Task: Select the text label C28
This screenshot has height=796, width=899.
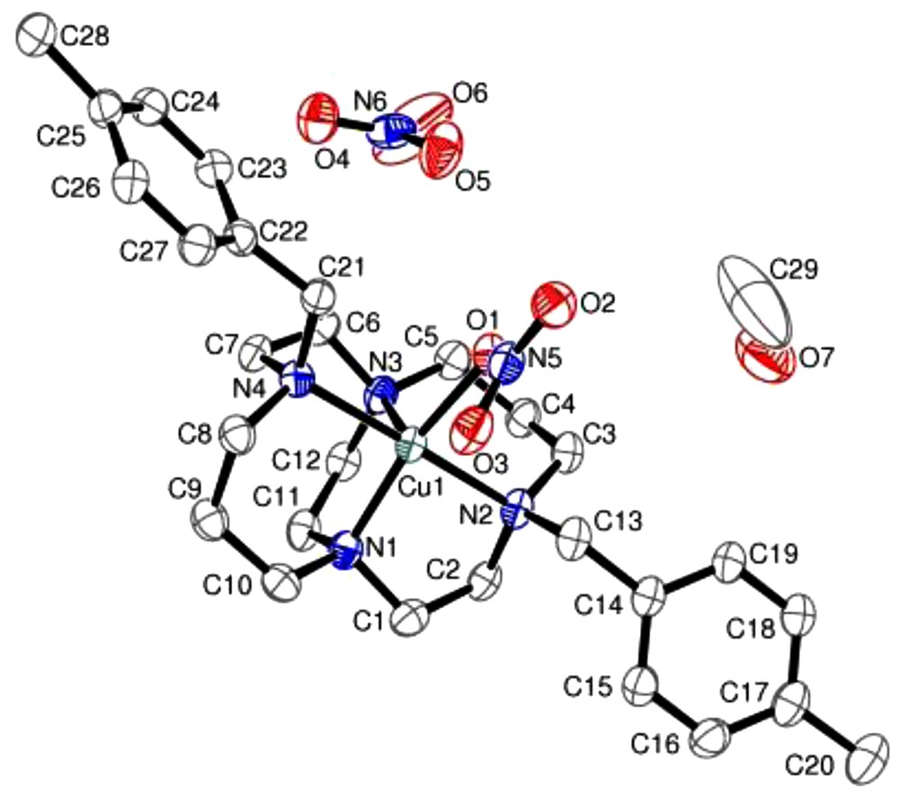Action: click(84, 37)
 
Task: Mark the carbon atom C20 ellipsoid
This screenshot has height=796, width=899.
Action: click(867, 754)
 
